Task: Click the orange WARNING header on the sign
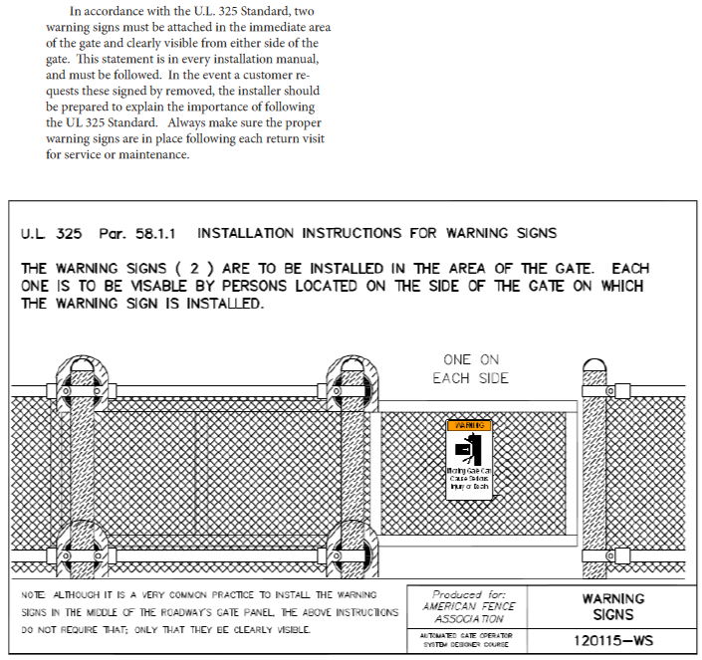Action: tap(469, 425)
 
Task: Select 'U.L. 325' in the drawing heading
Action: tap(51, 234)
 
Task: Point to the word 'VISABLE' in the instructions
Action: tap(196, 287)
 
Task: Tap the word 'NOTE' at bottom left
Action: tap(33, 594)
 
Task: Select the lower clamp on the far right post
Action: tap(594, 555)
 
